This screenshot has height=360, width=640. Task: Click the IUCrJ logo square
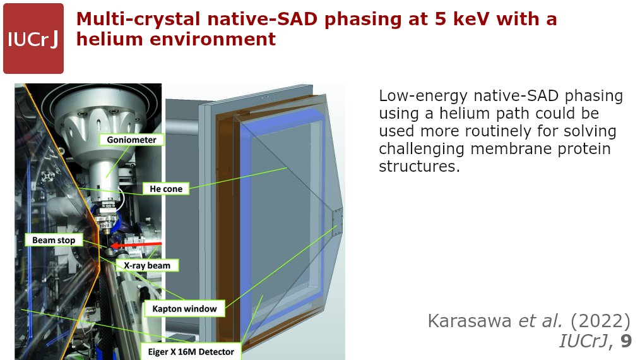click(x=33, y=39)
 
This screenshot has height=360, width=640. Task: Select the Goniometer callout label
click(x=131, y=140)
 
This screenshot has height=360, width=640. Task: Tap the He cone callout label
click(x=166, y=189)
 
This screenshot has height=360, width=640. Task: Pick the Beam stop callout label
click(x=54, y=240)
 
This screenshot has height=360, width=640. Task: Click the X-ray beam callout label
click(x=147, y=265)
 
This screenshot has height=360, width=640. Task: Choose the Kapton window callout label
click(x=184, y=309)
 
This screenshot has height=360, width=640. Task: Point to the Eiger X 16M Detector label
click(x=191, y=352)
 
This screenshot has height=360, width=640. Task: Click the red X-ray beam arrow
click(x=136, y=245)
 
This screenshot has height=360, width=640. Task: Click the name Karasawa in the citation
click(x=470, y=321)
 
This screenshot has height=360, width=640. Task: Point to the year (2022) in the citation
click(x=600, y=321)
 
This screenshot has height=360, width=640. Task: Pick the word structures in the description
click(x=419, y=166)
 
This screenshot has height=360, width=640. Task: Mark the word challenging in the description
click(x=422, y=149)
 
